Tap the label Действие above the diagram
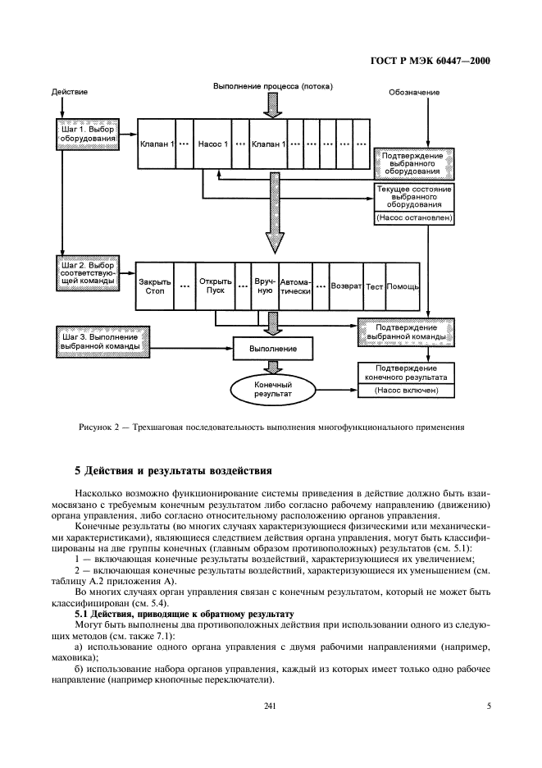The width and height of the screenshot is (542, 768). pos(70,92)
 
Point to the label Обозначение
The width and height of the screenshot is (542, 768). pos(413,92)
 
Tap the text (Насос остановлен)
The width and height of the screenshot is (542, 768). pos(413,218)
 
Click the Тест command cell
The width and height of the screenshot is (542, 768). pos(375,286)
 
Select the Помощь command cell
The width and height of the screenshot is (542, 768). pos(403,286)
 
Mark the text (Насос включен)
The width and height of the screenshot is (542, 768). pos(407,391)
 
